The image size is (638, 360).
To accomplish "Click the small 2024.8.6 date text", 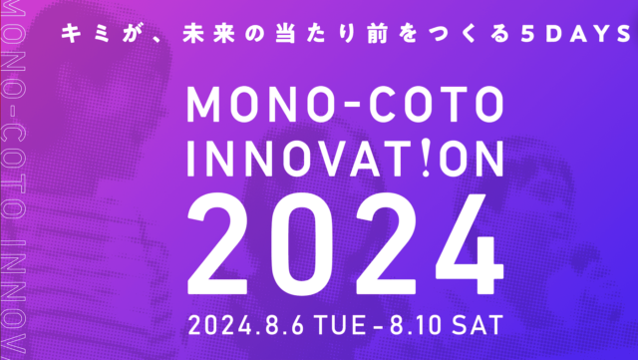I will (256, 324).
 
